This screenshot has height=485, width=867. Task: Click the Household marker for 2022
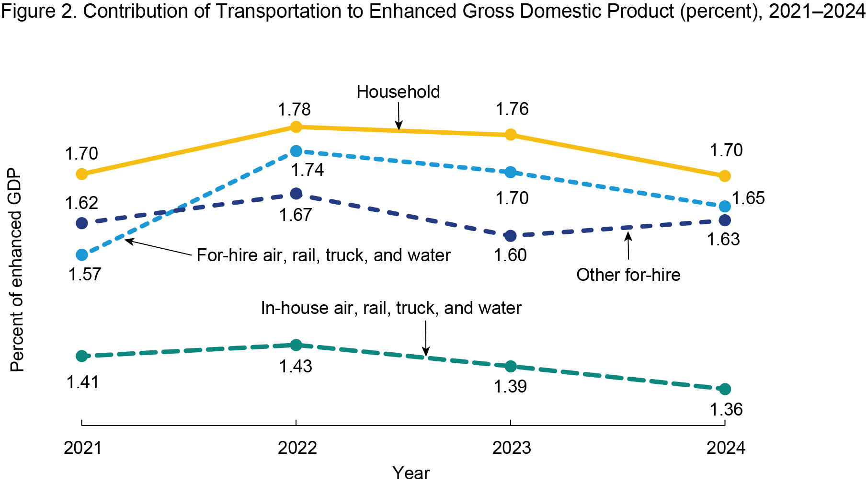click(296, 127)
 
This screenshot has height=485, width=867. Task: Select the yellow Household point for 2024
click(725, 176)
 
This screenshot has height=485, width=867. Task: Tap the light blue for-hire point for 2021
click(82, 254)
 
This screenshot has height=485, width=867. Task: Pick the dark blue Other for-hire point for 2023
click(511, 236)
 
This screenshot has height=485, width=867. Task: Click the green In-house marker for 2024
click(725, 389)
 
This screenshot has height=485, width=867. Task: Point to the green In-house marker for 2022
click(296, 345)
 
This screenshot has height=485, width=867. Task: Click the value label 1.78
click(294, 110)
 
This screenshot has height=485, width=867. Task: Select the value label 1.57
click(85, 275)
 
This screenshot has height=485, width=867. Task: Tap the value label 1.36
click(726, 410)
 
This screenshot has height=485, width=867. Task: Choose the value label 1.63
click(723, 239)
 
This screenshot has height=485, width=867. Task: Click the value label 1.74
click(308, 170)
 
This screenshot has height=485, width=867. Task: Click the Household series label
click(398, 92)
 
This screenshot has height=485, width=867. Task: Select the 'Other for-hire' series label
click(628, 275)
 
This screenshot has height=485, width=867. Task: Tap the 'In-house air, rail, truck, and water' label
click(391, 308)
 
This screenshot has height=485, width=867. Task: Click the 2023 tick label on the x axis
click(512, 448)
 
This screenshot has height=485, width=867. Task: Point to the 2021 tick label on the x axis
click(83, 448)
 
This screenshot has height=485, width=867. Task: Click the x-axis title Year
click(411, 473)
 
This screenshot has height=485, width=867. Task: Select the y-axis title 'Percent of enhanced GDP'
click(17, 270)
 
